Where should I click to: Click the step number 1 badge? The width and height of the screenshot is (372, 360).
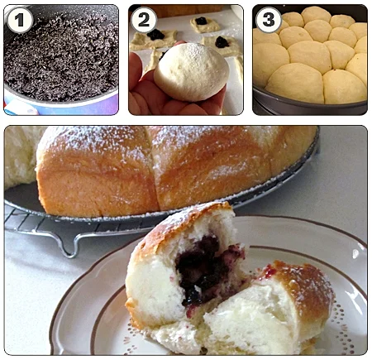(20, 20)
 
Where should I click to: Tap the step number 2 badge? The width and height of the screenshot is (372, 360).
(144, 20)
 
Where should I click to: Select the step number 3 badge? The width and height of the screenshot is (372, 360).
(269, 20)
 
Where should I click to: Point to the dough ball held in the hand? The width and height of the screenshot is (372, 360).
(192, 72)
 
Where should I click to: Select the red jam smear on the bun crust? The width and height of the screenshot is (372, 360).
(268, 271)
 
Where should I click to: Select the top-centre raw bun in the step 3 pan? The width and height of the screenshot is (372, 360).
(316, 14)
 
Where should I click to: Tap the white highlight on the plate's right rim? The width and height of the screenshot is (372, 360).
(356, 253)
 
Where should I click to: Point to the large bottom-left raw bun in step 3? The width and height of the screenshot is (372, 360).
(294, 82)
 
